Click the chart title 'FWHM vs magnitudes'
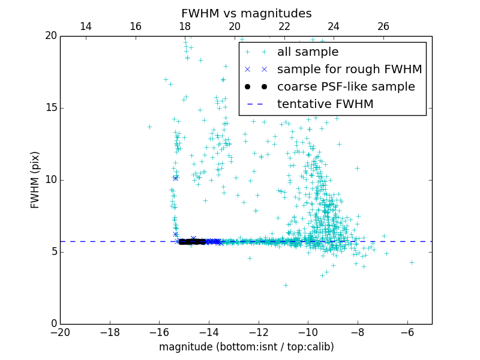[246, 13]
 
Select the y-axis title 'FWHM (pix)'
[35, 179]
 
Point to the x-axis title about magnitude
[246, 347]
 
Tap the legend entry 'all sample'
[308, 52]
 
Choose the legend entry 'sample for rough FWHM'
[349, 70]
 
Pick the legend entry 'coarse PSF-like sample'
[346, 87]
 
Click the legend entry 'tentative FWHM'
[325, 104]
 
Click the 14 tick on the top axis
[86, 26]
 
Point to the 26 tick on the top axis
[383, 26]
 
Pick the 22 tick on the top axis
[284, 26]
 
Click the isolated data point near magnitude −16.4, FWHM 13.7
[149, 127]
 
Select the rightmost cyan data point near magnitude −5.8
[412, 262]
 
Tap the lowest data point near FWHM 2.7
[286, 285]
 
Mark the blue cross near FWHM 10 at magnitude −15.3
[175, 178]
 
